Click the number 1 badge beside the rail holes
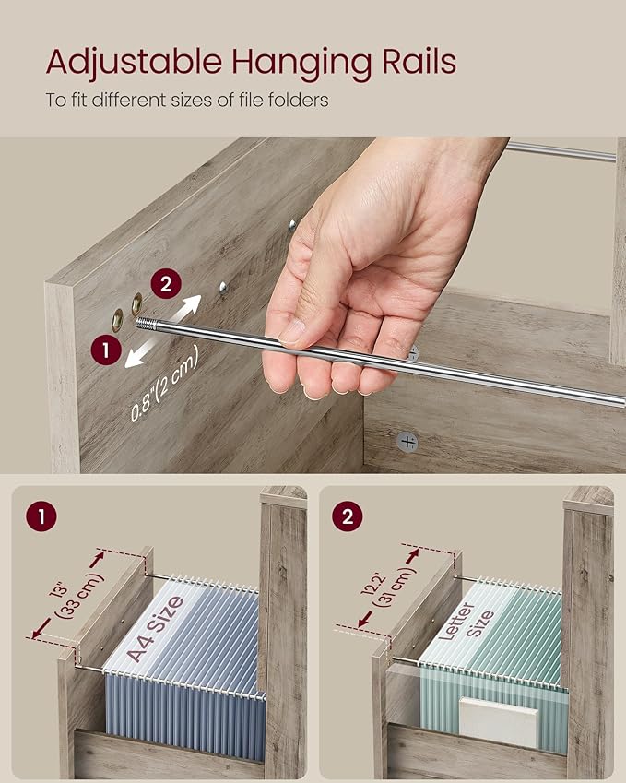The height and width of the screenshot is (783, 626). point(106,350)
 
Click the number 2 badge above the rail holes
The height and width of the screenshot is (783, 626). point(166,284)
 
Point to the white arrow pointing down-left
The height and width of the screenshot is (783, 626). point(141,353)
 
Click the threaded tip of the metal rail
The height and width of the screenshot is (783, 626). point(147,324)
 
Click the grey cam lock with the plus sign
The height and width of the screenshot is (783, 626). point(407,442)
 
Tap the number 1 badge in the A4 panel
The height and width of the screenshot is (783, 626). point(41,516)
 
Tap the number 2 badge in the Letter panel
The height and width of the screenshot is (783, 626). point(348,516)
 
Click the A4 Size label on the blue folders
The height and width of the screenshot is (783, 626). point(155,628)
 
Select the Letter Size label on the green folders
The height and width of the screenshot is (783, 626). point(466,622)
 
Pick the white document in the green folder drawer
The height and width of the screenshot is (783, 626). point(499,721)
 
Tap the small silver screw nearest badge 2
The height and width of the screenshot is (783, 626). point(222,287)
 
